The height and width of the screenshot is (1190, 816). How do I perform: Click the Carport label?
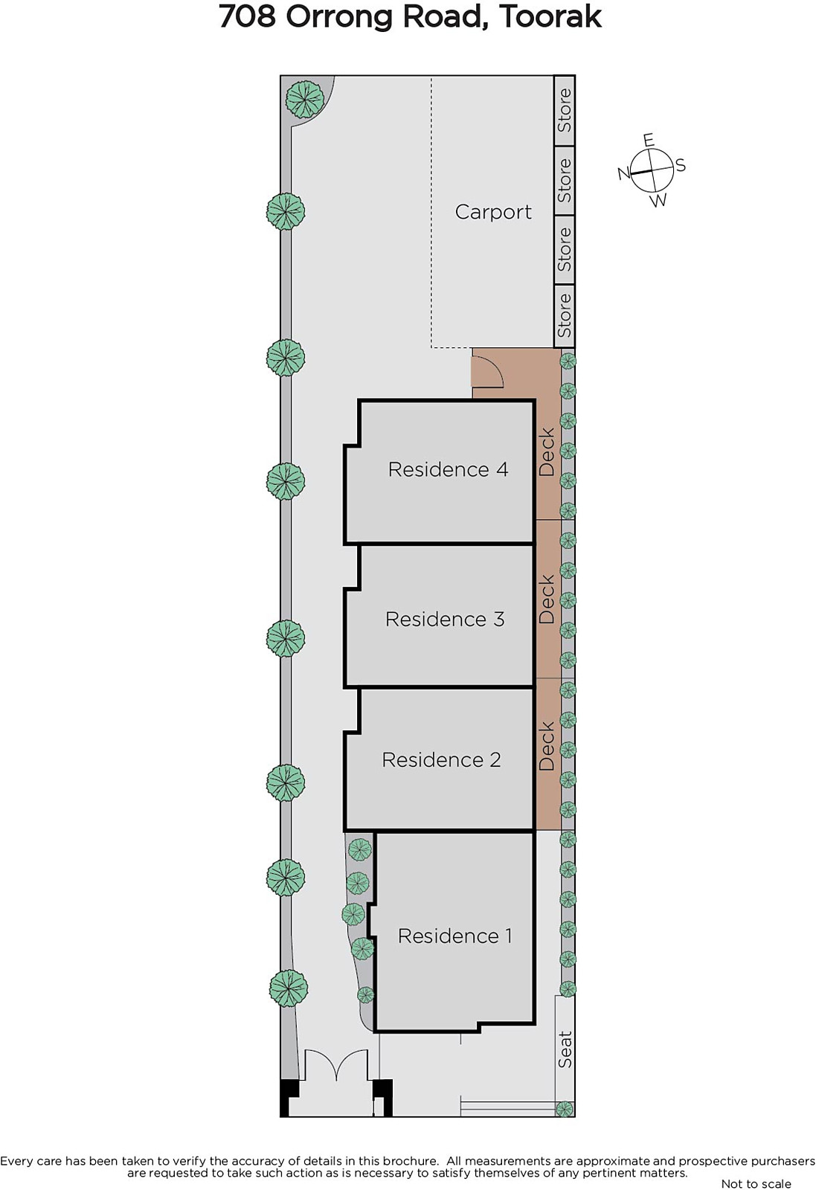[x=493, y=212]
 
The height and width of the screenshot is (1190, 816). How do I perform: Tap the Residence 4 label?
[x=448, y=469]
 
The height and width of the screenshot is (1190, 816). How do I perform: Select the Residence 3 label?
[x=445, y=619]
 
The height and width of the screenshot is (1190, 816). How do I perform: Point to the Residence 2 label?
[x=441, y=759]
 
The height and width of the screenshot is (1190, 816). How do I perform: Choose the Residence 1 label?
[x=454, y=936]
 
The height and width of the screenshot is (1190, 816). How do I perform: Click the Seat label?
[x=565, y=1049]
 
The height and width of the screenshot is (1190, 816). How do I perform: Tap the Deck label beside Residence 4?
[x=547, y=452]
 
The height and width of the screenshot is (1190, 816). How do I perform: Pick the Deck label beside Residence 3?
[x=547, y=599]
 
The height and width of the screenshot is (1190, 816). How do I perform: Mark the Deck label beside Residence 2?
[x=547, y=746]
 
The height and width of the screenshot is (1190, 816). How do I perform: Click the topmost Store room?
[x=565, y=110]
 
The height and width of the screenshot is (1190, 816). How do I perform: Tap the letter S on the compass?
[x=681, y=165]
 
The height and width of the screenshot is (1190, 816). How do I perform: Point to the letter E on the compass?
[x=648, y=141]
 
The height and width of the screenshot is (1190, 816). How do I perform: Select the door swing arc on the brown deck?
[x=489, y=372]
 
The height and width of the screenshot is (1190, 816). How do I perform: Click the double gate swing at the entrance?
[x=337, y=1065]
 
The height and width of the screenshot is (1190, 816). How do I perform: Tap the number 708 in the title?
[x=248, y=16]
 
